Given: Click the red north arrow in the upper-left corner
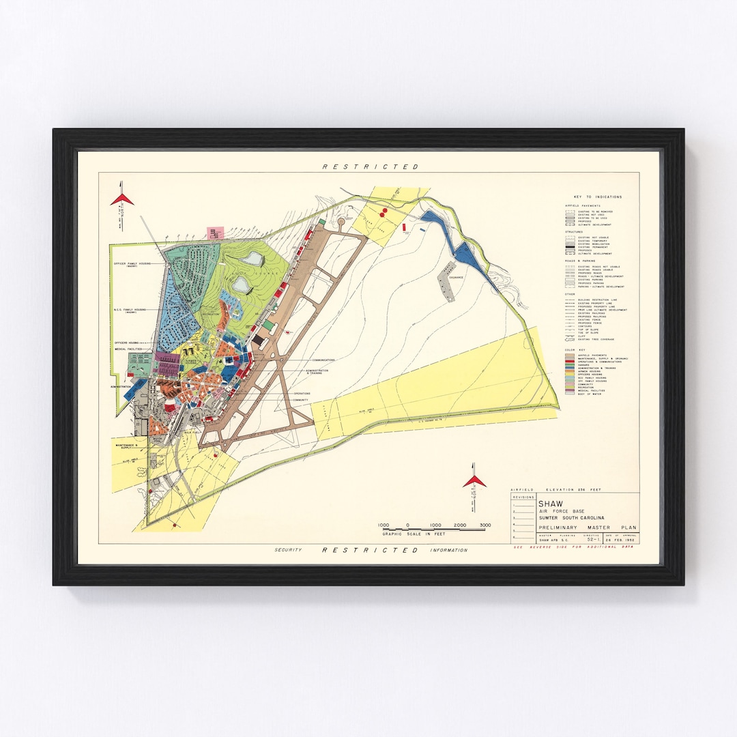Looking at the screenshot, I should (x=122, y=198).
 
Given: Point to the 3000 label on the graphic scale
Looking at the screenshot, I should (x=485, y=525).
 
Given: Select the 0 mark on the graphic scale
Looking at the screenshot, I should (x=407, y=525).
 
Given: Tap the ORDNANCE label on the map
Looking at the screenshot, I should (x=456, y=277).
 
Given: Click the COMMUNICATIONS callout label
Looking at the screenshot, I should (x=324, y=360).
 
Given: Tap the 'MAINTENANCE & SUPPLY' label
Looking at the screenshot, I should (x=123, y=446).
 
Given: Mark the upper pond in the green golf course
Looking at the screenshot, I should (x=250, y=258).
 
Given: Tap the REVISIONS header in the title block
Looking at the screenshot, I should (x=523, y=498).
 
